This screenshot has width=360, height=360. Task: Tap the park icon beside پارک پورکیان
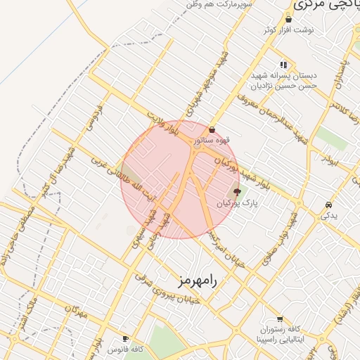point(236,192)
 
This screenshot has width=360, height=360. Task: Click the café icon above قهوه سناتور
point(212,129)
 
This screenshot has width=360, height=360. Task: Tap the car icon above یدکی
point(329,205)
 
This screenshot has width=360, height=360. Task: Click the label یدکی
point(329,216)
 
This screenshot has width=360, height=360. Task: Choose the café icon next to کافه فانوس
point(126,338)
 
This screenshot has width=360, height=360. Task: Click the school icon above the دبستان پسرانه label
point(284,64)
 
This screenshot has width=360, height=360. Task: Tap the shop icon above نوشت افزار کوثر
point(288,20)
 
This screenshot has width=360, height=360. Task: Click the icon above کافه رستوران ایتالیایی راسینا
point(280,319)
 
